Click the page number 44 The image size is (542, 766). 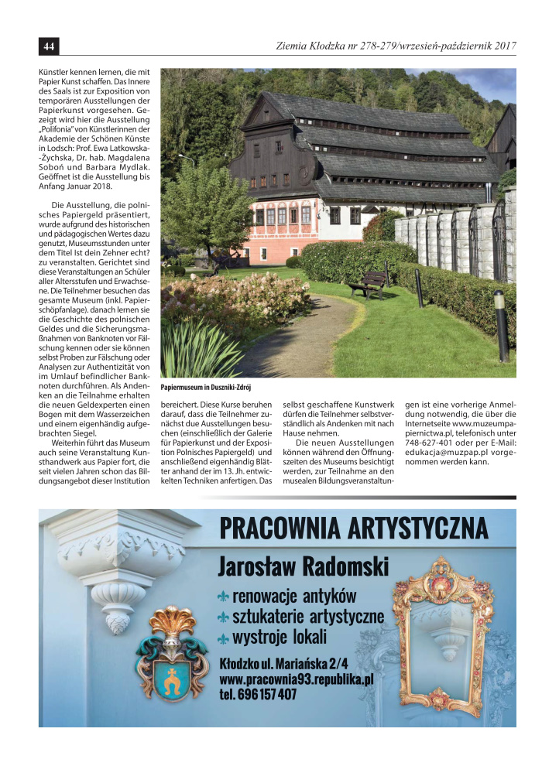(48, 46)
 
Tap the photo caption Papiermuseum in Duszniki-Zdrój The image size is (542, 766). (207, 387)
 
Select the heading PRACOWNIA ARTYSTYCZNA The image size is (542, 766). (353, 528)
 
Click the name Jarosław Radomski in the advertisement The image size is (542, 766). (303, 566)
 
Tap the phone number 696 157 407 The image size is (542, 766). (258, 694)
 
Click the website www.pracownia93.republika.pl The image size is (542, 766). (297, 679)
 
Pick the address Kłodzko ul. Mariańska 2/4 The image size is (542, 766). (283, 663)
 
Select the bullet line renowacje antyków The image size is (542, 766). (293, 597)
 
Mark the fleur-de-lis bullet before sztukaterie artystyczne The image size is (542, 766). (223, 617)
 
